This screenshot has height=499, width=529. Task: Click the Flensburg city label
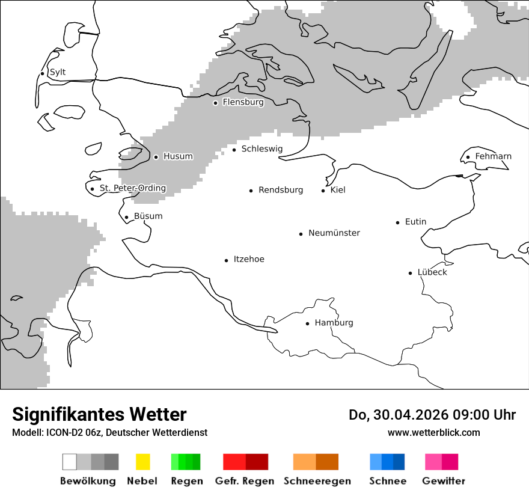click(x=243, y=102)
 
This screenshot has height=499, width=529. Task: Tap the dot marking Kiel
click(x=323, y=191)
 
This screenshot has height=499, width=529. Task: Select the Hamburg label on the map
click(x=334, y=323)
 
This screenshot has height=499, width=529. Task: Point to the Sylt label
click(x=58, y=72)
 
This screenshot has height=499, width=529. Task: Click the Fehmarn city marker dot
click(x=468, y=158)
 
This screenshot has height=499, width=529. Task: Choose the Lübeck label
click(x=432, y=272)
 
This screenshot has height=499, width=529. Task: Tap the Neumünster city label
click(x=334, y=233)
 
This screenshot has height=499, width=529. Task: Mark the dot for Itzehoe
click(x=227, y=260)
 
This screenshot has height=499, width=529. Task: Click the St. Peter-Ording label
click(x=133, y=188)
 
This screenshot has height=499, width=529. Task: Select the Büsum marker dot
click(x=127, y=218)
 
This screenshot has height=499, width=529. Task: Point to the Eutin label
click(x=415, y=222)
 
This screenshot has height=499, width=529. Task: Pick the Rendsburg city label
click(x=281, y=190)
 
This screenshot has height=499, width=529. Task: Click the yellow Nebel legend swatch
click(x=142, y=462)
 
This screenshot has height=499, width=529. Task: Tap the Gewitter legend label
click(x=444, y=481)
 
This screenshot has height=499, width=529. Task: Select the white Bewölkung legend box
click(x=70, y=462)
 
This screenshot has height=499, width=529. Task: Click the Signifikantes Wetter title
click(x=99, y=414)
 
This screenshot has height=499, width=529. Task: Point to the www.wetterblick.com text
click(x=433, y=432)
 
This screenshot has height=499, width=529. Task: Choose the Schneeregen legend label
click(x=317, y=481)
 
